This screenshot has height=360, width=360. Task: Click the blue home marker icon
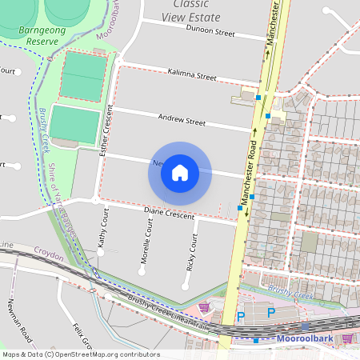[180, 173]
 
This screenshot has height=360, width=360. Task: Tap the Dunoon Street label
[210, 34]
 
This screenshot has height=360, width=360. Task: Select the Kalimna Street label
[193, 76]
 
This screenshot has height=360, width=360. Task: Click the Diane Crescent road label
[169, 214]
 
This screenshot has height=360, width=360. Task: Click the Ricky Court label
[192, 252]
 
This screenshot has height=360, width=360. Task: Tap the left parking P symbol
[241, 317]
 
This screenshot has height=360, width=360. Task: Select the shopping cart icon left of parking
[204, 306]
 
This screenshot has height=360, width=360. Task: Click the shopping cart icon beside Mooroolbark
[346, 338]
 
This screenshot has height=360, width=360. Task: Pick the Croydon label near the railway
[50, 251]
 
